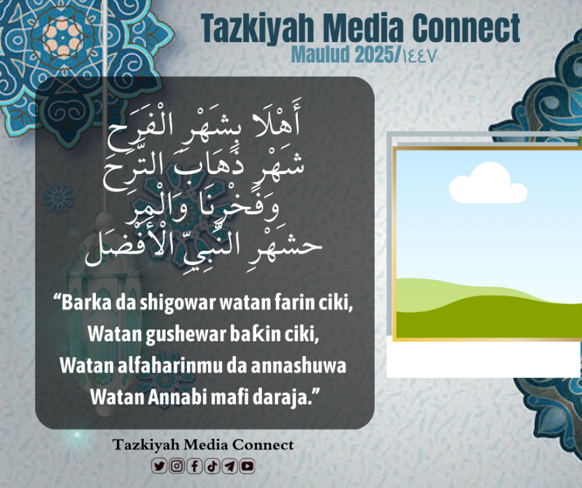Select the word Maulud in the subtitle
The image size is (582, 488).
321,55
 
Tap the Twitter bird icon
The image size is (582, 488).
159,466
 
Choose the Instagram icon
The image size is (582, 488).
177,466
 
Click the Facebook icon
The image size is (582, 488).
194,466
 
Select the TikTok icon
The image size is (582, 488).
212,466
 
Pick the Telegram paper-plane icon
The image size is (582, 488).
230,466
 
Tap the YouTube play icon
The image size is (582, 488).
247,466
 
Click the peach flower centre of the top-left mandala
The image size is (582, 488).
63,37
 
